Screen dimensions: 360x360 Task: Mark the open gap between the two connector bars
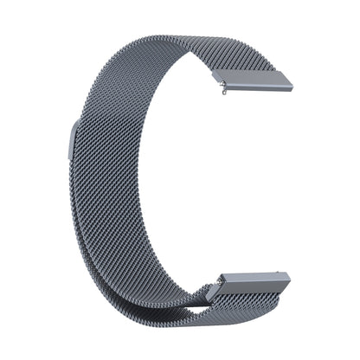coord(260,182)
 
